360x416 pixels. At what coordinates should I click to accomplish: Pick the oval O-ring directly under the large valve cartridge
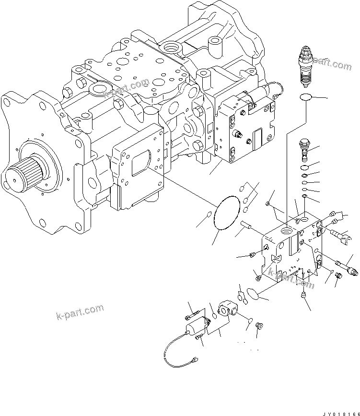click(x=305, y=98)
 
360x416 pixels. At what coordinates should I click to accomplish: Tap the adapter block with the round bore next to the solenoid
click(x=226, y=308)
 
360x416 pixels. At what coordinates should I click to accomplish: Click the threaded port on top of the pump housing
click(x=171, y=48)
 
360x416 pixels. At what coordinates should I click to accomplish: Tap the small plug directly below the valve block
click(x=303, y=296)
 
